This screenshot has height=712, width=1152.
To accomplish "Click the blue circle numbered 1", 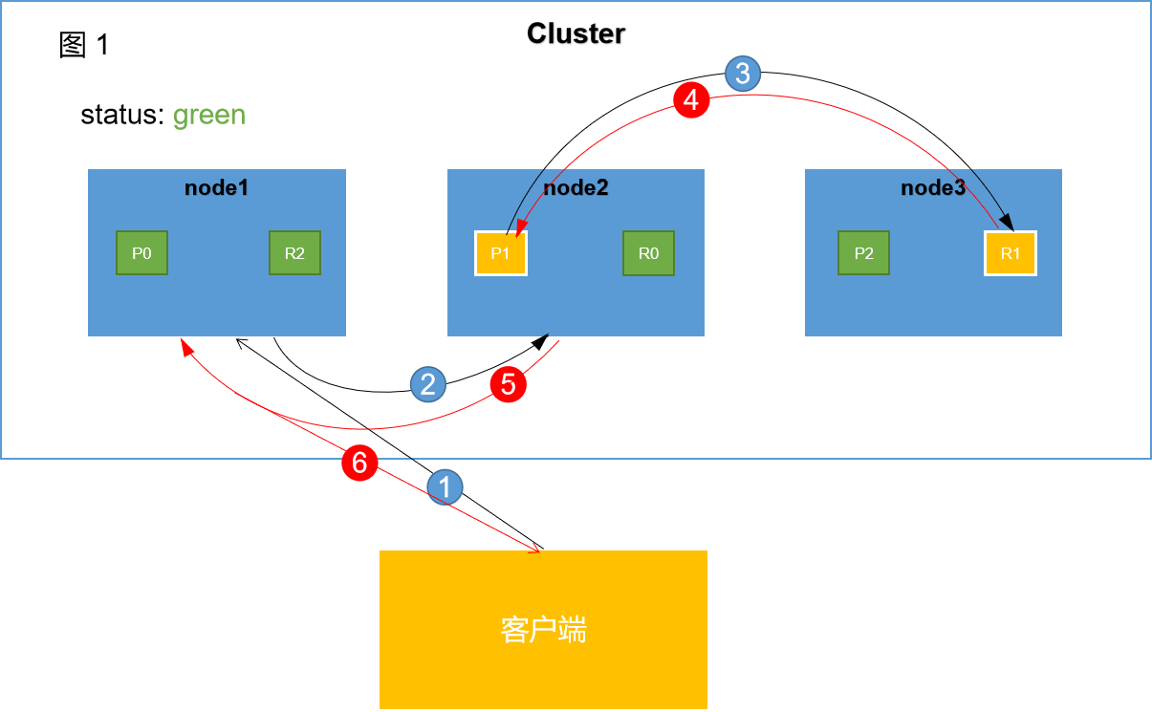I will click(x=444, y=486).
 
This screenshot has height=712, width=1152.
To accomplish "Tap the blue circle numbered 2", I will click(x=428, y=384).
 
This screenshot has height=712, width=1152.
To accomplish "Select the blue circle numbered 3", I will click(x=743, y=74).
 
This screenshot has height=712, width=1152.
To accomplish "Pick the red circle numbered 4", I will click(x=691, y=99).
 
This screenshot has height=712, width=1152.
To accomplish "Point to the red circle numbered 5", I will click(x=509, y=384).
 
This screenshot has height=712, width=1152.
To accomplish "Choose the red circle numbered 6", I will click(x=359, y=464).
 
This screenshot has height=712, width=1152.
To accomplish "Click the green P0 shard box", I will click(x=141, y=253).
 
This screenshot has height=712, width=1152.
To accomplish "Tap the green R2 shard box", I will click(x=294, y=253).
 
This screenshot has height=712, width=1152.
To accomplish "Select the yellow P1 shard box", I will click(x=501, y=253).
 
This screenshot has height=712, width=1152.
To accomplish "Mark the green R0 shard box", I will click(x=648, y=253).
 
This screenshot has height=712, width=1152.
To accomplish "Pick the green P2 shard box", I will click(x=863, y=253).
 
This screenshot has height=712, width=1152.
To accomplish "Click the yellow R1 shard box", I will click(x=1011, y=253).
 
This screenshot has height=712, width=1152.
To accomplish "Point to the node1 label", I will click(x=217, y=187).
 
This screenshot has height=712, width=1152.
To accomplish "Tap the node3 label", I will click(x=933, y=187).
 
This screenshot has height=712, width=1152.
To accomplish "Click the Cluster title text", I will click(x=576, y=34).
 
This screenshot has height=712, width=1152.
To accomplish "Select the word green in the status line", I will click(x=209, y=116).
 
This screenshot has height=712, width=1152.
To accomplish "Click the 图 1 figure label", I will click(x=84, y=45).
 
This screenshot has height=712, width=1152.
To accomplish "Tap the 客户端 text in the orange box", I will click(x=543, y=631).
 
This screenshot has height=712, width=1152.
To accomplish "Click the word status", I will click(x=121, y=116).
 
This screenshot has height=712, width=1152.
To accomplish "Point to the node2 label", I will click(x=576, y=187).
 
